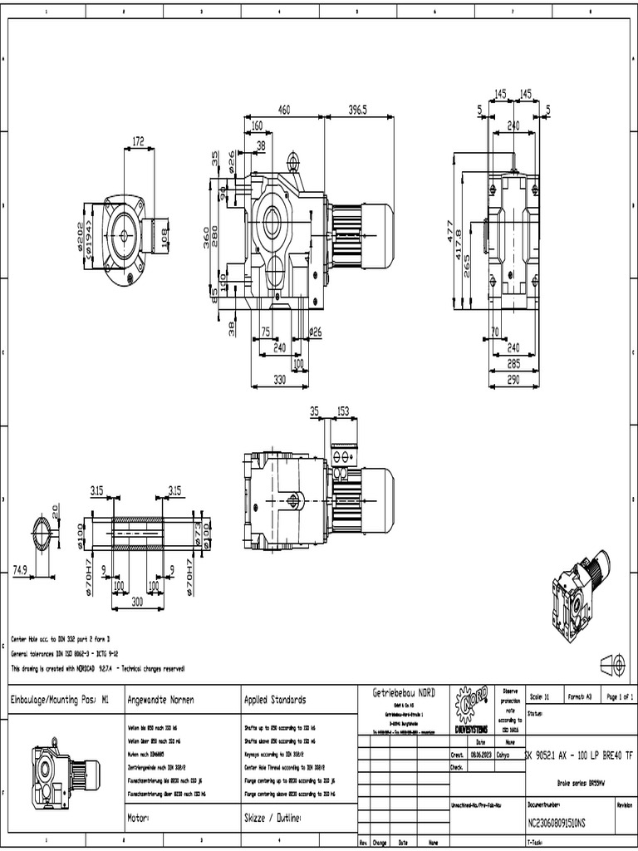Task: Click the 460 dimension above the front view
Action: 284,110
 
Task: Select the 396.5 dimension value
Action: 357,110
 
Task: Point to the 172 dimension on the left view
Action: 138,141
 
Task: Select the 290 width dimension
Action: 513,379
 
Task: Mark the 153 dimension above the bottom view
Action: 341,411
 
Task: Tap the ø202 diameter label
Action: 81,235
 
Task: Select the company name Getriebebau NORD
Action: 404,692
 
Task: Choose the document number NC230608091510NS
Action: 557,824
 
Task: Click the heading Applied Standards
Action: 275,700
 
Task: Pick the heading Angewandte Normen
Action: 160,700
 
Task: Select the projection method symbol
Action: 611,663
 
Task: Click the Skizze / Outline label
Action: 272,819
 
